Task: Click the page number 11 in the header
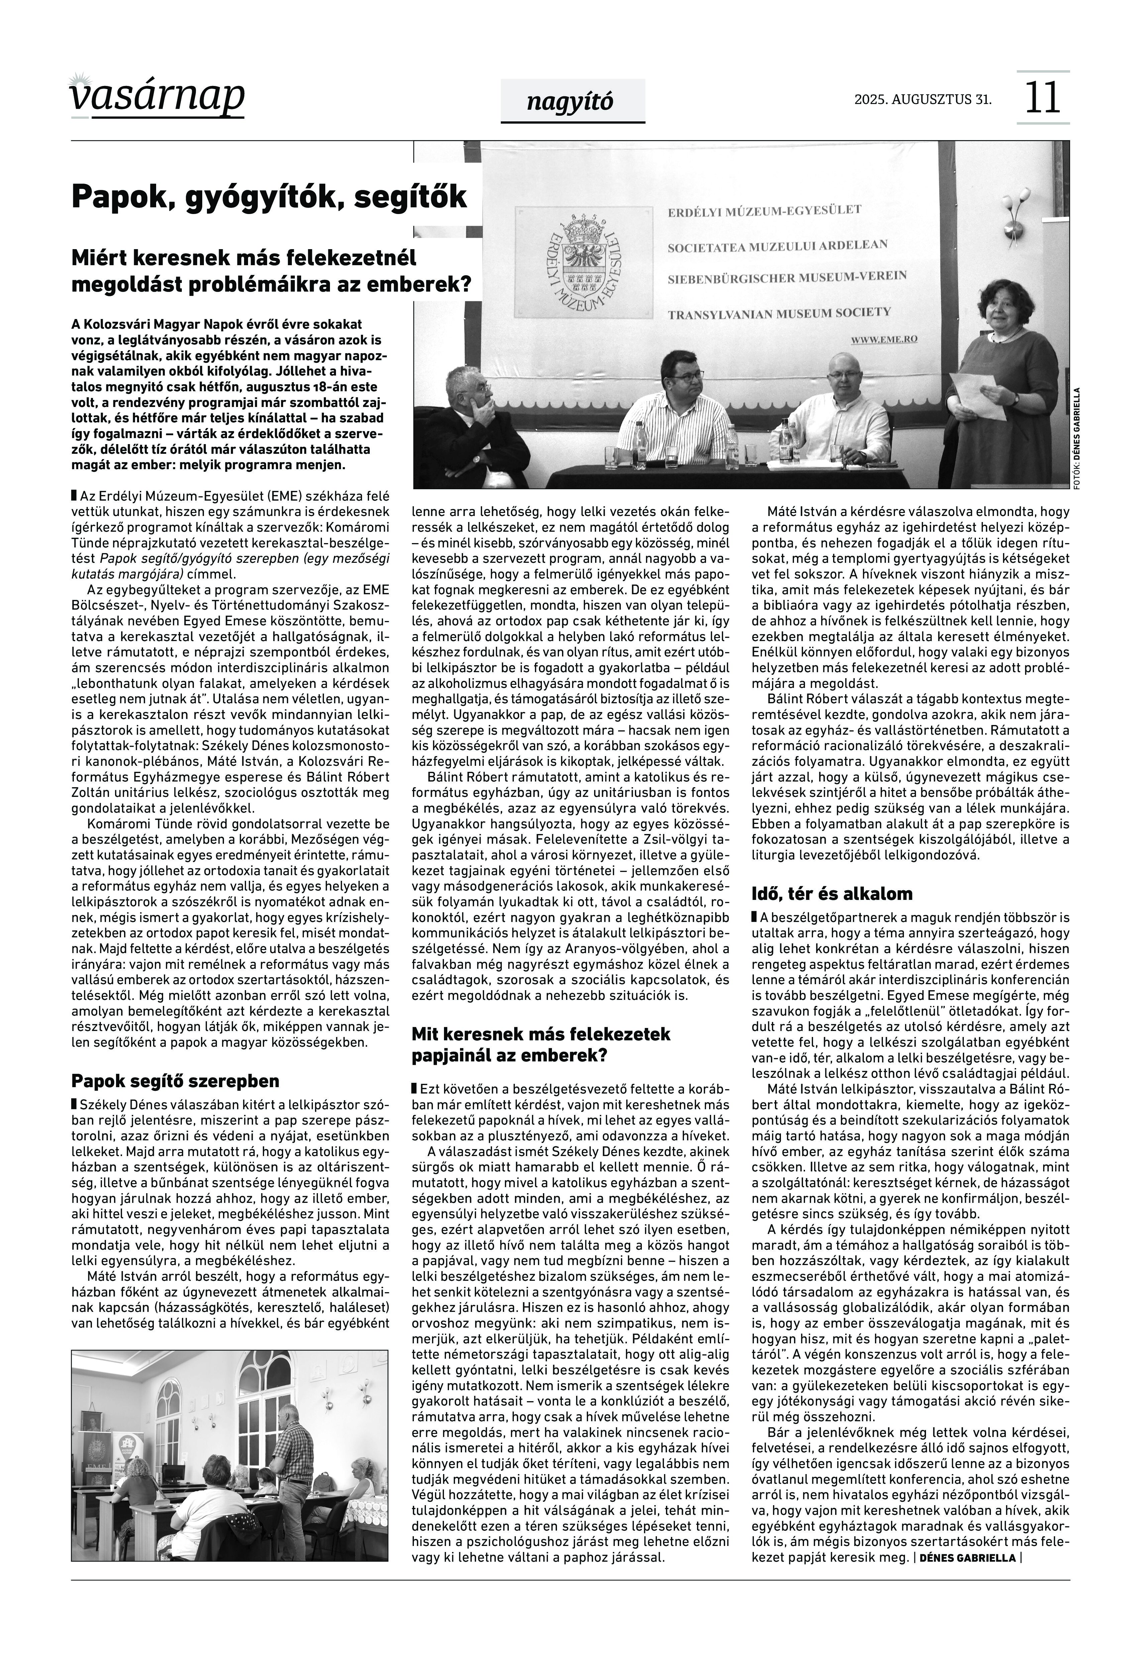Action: tap(1042, 98)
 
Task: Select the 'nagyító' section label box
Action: tap(572, 102)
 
